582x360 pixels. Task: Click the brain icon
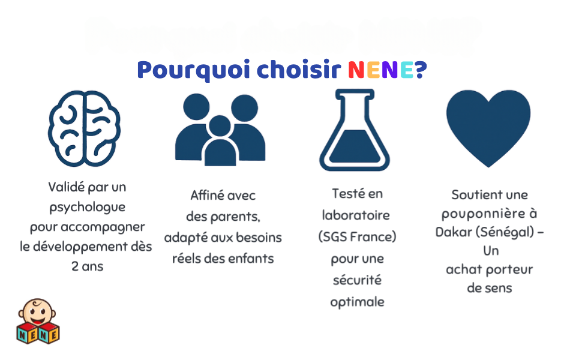tap(84, 128)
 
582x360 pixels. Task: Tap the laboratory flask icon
tap(355, 130)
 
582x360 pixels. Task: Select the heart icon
tap(488, 128)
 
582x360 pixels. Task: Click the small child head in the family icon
tap(220, 126)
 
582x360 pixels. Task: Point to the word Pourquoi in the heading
tap(193, 70)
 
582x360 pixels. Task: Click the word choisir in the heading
tap(298, 69)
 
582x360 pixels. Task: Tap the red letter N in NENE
tap(356, 70)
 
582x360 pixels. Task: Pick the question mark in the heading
tap(421, 70)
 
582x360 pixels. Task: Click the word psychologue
tap(87, 207)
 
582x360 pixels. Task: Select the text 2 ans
tap(87, 266)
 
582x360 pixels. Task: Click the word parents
tap(235, 217)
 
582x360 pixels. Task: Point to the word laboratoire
tap(356, 215)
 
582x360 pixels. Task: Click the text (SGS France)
tap(357, 237)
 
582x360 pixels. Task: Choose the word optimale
tap(357, 302)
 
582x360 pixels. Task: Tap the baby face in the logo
tap(37, 313)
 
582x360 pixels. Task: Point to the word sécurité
tap(357, 280)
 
